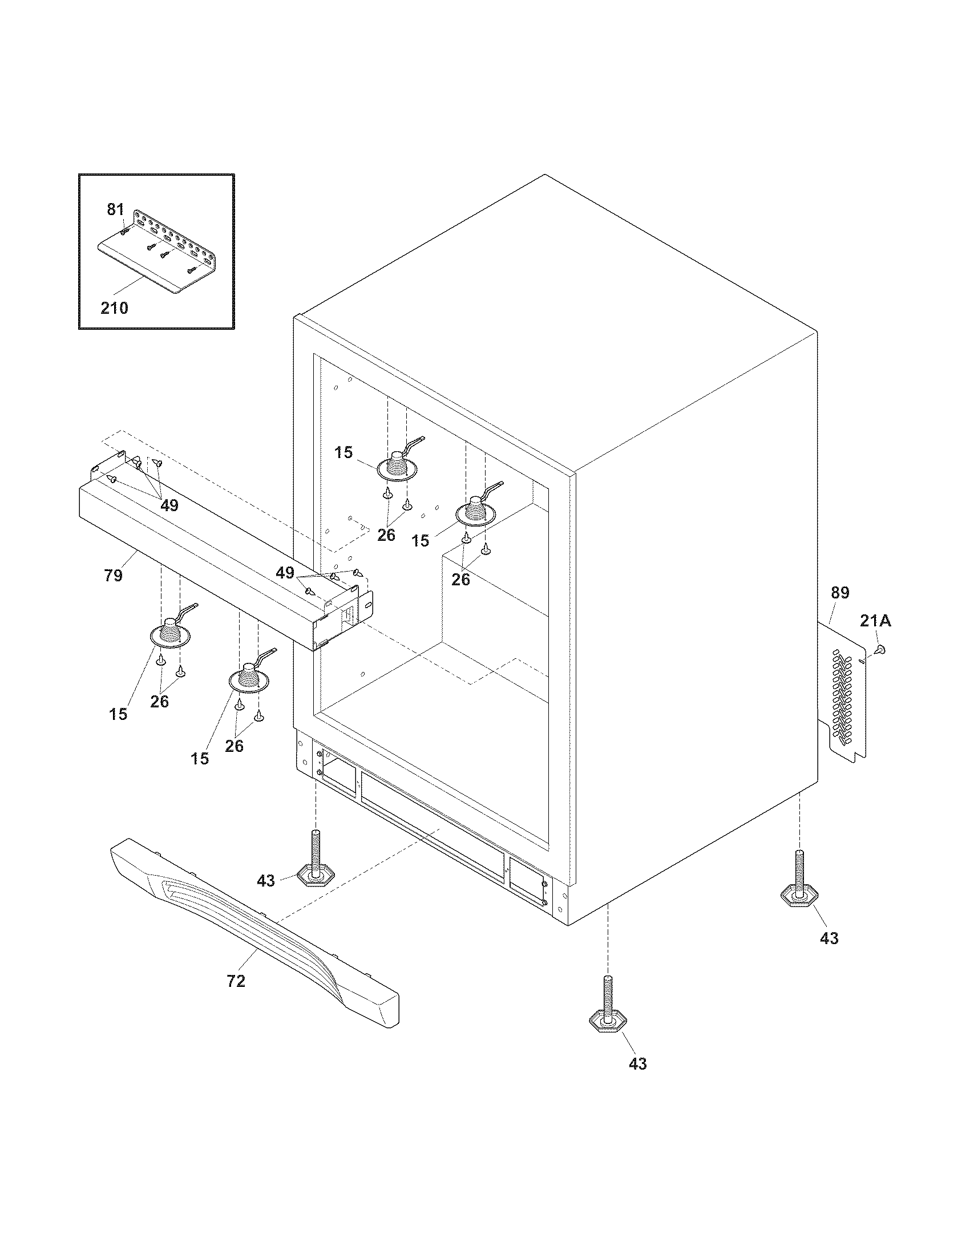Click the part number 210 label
point(114,308)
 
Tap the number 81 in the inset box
point(115,210)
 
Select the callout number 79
point(113,574)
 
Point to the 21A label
point(875,621)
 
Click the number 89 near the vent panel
point(839,593)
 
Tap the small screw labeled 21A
point(879,649)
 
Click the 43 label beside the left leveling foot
point(265,880)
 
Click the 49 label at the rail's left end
point(169,505)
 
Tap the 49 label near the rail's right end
point(285,573)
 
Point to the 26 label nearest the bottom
point(234,746)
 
